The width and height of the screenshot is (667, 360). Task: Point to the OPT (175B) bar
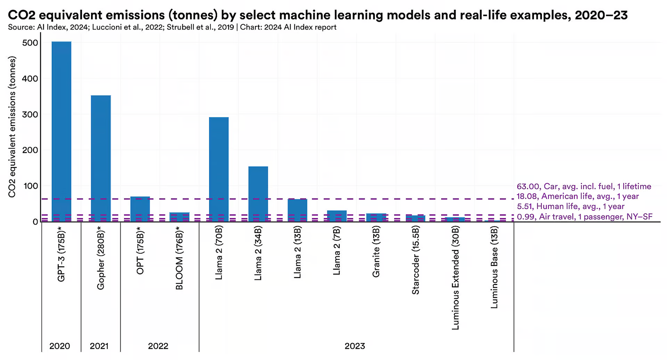140,209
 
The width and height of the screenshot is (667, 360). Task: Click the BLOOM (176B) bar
179,217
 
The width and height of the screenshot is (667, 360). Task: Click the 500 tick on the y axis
30,43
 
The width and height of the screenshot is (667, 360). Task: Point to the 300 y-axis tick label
30,115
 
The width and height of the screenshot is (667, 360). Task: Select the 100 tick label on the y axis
30,186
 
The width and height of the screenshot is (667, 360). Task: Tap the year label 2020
60,346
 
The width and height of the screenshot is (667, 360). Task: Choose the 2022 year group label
158,346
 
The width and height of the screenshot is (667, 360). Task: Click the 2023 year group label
355,346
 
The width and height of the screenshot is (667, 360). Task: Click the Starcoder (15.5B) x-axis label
415,260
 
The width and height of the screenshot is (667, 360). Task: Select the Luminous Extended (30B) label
455,278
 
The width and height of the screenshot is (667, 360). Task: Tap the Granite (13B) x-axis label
376,251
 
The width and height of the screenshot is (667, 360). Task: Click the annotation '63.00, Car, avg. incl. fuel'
584,186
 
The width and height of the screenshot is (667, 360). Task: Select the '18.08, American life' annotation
577,196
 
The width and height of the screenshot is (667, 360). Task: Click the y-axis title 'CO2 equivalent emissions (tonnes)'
12,127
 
